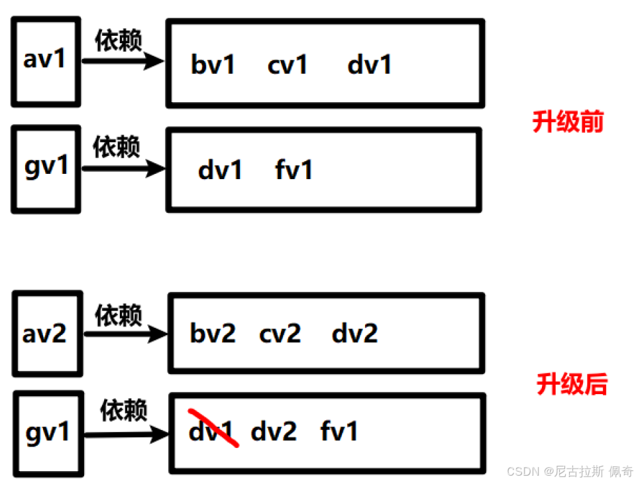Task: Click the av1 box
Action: (46, 62)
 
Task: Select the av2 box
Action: (47, 333)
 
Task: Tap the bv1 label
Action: (213, 65)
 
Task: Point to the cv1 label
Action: (288, 65)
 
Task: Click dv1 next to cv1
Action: (370, 65)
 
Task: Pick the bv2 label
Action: (213, 333)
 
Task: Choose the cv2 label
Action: (280, 333)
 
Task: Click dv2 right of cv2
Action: (354, 333)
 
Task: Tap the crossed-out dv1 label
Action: (211, 432)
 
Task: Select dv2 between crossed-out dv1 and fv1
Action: (274, 432)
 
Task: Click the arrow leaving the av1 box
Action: (123, 62)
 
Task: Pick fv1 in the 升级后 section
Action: (339, 432)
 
